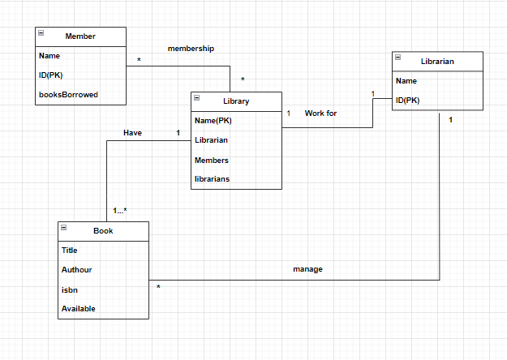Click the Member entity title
(80, 36)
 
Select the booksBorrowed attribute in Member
(68, 95)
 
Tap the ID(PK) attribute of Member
(51, 75)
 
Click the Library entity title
(236, 101)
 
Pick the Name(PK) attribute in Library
(214, 121)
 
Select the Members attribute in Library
(211, 160)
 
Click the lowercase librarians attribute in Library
(212, 178)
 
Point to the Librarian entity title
(437, 62)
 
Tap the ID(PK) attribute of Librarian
(408, 101)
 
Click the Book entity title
(103, 231)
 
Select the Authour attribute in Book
(78, 270)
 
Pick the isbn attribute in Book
(69, 289)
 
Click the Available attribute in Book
(78, 309)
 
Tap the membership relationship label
(191, 49)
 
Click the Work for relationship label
(320, 114)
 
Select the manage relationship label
(307, 269)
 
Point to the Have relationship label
(132, 132)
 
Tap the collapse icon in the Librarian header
(398, 58)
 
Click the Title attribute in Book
(70, 251)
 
